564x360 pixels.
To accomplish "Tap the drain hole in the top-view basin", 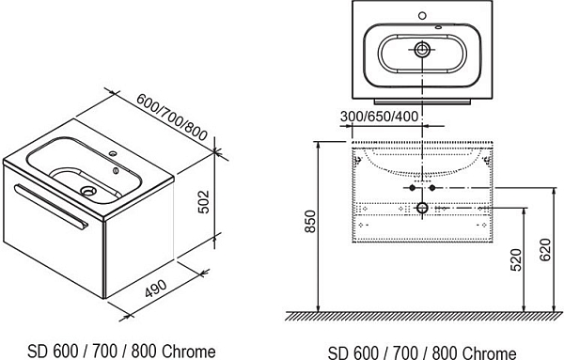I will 422,49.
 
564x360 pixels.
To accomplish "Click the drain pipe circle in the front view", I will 422,207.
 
